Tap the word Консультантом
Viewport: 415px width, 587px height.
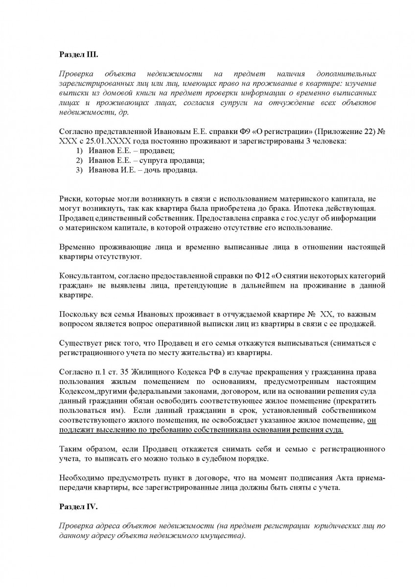tap(85, 275)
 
